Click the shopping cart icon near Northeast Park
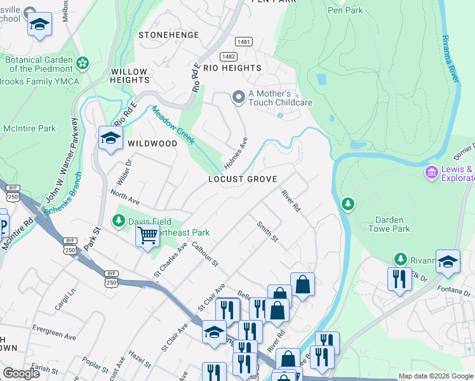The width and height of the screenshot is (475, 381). [x=147, y=236]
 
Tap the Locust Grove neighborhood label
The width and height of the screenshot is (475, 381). [x=243, y=180]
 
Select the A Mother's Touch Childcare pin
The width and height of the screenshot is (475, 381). [x=239, y=97]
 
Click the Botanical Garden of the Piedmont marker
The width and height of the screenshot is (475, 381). [x=82, y=63]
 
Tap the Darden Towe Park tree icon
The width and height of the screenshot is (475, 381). [x=347, y=204]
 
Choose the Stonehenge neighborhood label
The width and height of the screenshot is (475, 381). [x=165, y=35]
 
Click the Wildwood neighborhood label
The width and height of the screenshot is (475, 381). [x=152, y=144]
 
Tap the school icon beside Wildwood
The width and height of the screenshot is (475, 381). [x=110, y=138]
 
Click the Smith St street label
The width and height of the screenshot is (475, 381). [x=267, y=231]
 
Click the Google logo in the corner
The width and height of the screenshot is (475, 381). [x=21, y=373]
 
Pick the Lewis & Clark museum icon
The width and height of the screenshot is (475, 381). [x=431, y=172]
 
